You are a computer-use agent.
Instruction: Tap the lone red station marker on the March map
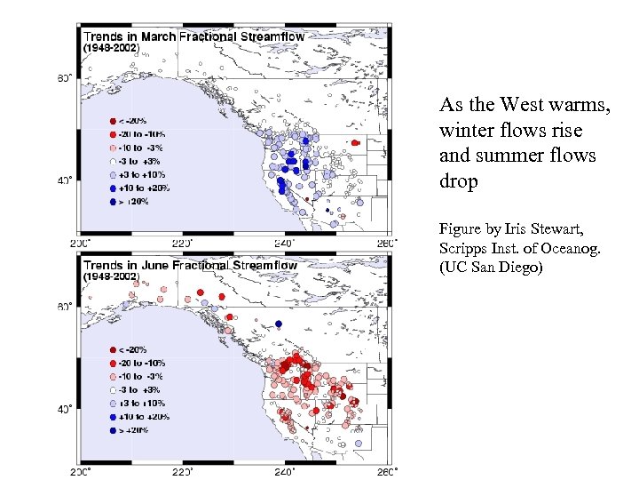pyautogui.click(x=355, y=142)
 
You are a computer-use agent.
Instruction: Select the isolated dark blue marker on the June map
pyautogui.click(x=278, y=324)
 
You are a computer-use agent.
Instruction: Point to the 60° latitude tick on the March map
pyautogui.click(x=65, y=78)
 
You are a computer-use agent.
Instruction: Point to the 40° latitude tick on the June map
pyautogui.click(x=65, y=410)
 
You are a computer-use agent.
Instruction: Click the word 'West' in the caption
pyautogui.click(x=522, y=106)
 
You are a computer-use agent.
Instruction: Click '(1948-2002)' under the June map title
pyautogui.click(x=110, y=276)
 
